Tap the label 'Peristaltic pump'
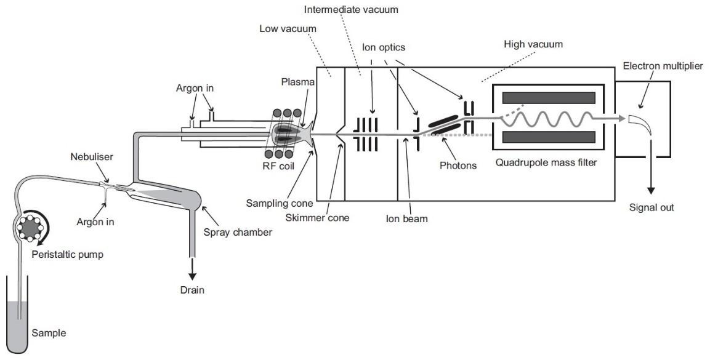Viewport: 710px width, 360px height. coord(67,255)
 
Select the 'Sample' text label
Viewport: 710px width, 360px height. coord(49,334)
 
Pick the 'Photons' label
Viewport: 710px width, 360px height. coord(458,166)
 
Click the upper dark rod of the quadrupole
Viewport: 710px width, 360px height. coord(549,97)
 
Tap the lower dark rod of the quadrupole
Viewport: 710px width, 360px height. coord(549,137)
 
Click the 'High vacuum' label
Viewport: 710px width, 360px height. coord(533,44)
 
